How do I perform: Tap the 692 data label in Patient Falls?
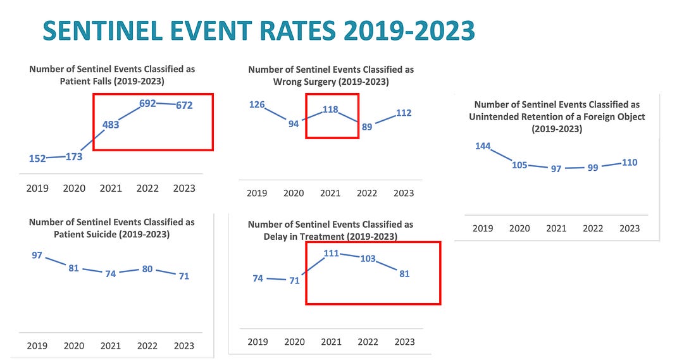coord(147,103)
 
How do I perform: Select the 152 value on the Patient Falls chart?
coord(37,158)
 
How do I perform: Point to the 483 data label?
coord(111,125)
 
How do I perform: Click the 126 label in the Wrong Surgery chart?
coord(256,104)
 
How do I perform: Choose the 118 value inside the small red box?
coord(330,109)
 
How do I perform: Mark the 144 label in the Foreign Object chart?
coord(483,146)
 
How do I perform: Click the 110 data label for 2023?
coord(629,163)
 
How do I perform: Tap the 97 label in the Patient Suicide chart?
coord(37,255)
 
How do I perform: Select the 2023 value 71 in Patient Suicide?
coord(183,276)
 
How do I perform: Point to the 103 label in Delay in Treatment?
coord(368,259)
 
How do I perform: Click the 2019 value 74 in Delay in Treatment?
coord(258,278)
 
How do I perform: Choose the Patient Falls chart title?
coord(111,75)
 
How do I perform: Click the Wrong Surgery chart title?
coord(330,75)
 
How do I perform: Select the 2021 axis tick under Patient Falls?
coord(111,188)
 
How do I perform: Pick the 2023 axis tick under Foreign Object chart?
coord(629,228)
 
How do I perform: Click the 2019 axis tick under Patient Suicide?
coord(37,345)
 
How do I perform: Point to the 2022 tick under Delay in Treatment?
coord(368,342)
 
